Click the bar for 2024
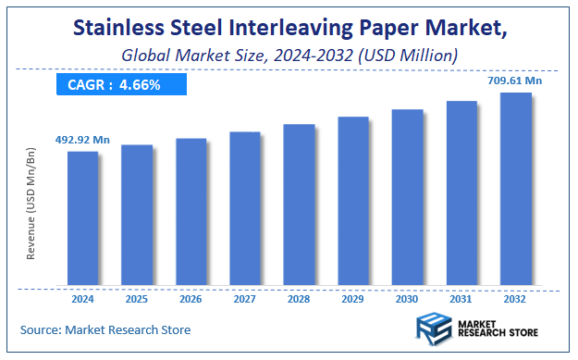(x=82, y=217)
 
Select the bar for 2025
(x=137, y=215)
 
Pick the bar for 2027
(x=245, y=208)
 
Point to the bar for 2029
(x=353, y=201)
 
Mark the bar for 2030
(x=407, y=197)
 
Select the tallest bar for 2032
(x=515, y=189)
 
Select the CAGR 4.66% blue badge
(x=120, y=85)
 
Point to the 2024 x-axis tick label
(x=82, y=298)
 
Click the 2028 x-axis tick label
(x=299, y=298)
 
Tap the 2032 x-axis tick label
(x=515, y=298)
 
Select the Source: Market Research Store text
(x=105, y=329)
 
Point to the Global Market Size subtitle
(x=289, y=56)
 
